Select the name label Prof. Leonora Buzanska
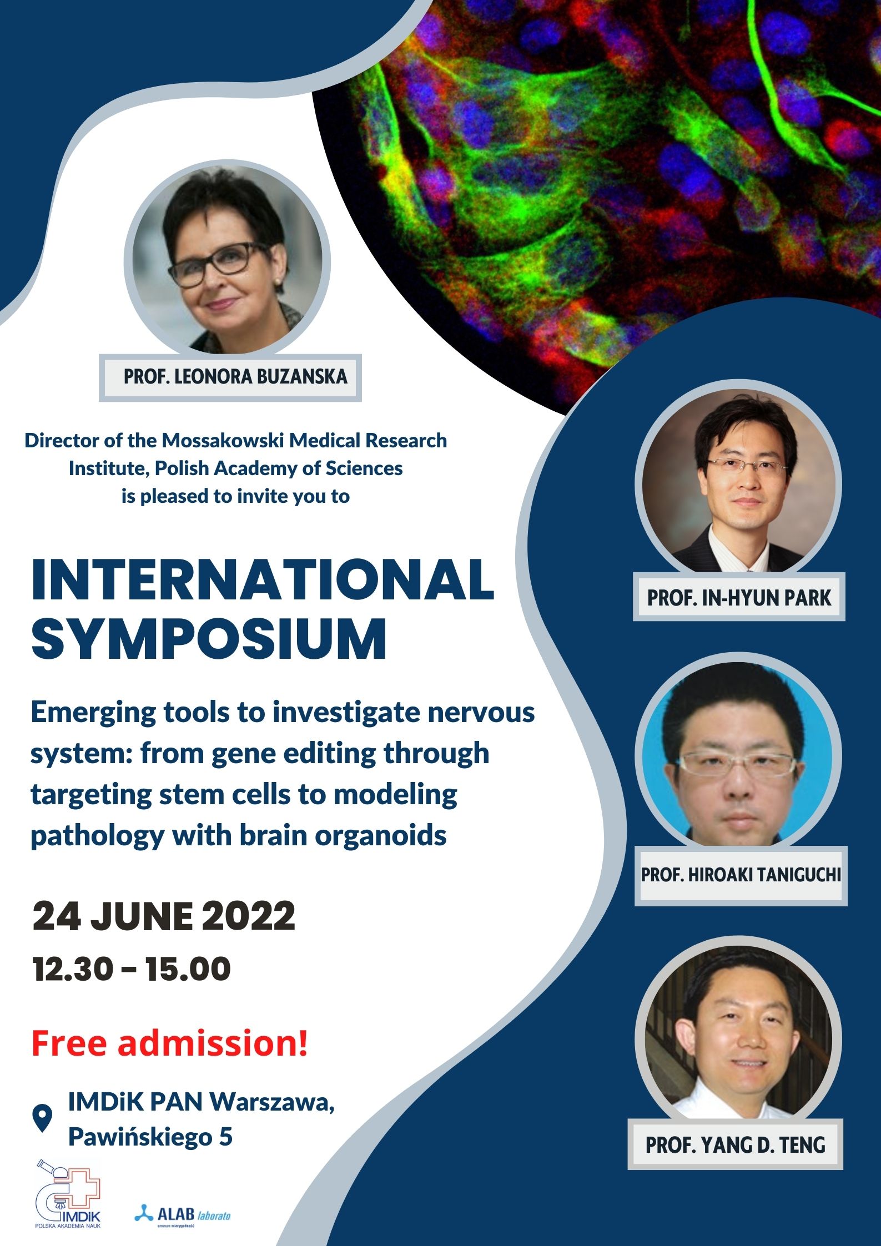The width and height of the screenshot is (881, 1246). (x=235, y=377)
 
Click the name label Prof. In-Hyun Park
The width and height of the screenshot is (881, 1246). (x=739, y=597)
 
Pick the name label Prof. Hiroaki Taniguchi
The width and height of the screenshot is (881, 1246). (x=741, y=875)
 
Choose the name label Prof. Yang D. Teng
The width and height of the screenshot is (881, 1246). (x=735, y=1144)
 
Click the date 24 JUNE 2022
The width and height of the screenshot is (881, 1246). (x=164, y=916)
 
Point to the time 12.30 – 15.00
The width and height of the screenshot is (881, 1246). (x=132, y=970)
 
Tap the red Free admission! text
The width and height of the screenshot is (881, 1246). (x=169, y=1043)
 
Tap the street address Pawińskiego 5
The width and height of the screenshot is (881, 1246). (x=150, y=1137)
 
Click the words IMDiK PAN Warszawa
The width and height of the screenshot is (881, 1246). (x=201, y=1102)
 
